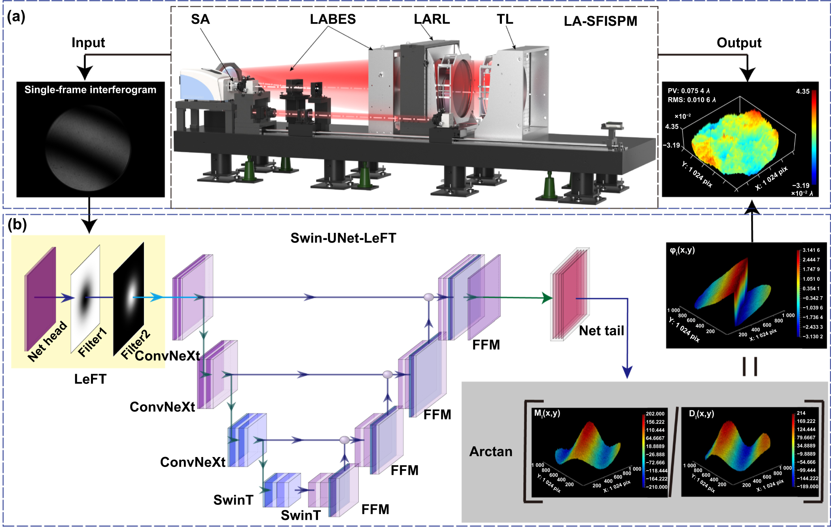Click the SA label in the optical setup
[x=200, y=19]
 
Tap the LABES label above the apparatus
[x=333, y=19]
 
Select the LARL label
[x=432, y=19]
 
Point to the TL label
[x=505, y=19]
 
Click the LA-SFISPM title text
[x=600, y=21]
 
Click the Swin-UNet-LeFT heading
[x=343, y=238]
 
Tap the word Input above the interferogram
[x=88, y=42]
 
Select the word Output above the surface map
[x=738, y=42]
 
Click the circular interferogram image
[x=88, y=148]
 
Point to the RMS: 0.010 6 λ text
[x=691, y=100]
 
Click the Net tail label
[x=601, y=331]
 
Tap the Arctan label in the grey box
[x=490, y=451]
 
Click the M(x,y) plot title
[x=547, y=413]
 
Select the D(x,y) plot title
[x=701, y=414]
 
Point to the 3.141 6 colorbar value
[x=811, y=250]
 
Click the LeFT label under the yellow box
[x=90, y=379]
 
